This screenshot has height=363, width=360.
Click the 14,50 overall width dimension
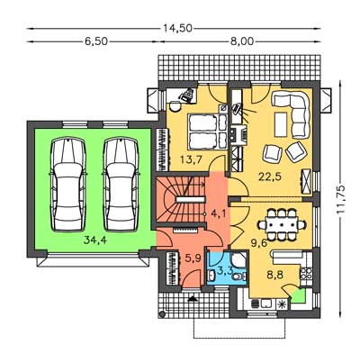(x=177, y=28)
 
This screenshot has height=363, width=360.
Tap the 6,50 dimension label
(x=96, y=41)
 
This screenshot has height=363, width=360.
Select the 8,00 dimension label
(x=242, y=41)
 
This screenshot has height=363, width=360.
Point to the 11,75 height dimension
(x=341, y=199)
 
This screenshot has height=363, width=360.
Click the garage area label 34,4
(x=95, y=240)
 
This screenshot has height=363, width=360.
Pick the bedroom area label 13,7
(x=191, y=159)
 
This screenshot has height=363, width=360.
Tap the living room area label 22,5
(x=270, y=177)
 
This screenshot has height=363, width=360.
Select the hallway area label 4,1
(x=219, y=214)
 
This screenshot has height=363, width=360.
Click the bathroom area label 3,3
(x=225, y=270)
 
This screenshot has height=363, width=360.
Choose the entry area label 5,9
(x=193, y=258)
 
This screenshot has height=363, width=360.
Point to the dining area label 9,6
(x=259, y=243)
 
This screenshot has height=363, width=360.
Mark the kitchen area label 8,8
(x=276, y=275)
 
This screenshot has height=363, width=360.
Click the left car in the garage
(x=68, y=185)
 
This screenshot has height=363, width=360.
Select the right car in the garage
(x=121, y=185)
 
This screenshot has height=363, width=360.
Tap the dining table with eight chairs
(x=282, y=224)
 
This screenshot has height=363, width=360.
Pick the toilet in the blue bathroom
(x=239, y=276)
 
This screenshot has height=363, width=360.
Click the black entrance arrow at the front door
(x=192, y=298)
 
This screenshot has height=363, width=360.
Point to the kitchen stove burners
(x=306, y=273)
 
